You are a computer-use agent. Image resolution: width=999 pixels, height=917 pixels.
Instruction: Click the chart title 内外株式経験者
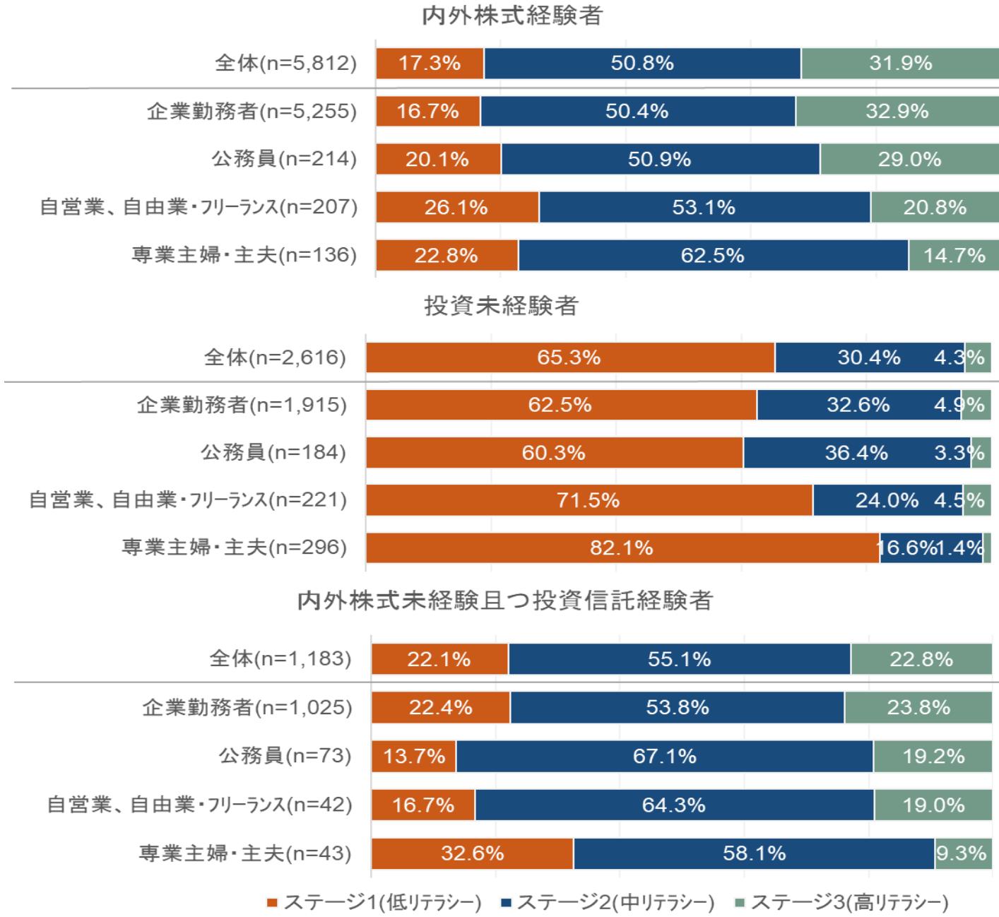[512, 16]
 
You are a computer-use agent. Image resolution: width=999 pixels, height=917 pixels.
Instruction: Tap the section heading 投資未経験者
[502, 306]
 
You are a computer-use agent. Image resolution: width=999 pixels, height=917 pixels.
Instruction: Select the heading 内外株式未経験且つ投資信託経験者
[505, 601]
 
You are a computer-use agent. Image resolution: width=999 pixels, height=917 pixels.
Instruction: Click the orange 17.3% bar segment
[430, 64]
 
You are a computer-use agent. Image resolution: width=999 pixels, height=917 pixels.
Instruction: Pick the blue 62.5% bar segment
[713, 255]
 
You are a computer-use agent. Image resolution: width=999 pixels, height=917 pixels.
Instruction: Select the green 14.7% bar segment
[954, 255]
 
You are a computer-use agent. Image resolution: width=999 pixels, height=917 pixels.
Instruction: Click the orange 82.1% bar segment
[622, 548]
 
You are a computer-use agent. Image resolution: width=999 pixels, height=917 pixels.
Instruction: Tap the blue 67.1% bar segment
[664, 757]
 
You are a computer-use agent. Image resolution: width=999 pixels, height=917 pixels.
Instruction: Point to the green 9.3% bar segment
[963, 853]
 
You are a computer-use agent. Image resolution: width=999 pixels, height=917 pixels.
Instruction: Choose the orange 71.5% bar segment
[589, 500]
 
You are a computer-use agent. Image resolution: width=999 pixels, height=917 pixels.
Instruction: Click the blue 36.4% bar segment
[856, 452]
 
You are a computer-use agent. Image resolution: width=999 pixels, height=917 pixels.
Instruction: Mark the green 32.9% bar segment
[897, 112]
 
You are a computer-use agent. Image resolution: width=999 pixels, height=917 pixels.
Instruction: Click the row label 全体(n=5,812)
[286, 64]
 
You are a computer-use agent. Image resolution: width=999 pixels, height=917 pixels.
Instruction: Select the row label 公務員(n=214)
[285, 159]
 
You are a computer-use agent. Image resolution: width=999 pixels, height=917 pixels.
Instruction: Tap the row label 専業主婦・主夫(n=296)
[235, 548]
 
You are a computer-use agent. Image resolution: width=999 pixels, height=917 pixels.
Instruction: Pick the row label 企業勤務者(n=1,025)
[247, 708]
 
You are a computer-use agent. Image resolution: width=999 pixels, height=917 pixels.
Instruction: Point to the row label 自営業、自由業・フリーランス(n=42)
[200, 805]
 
